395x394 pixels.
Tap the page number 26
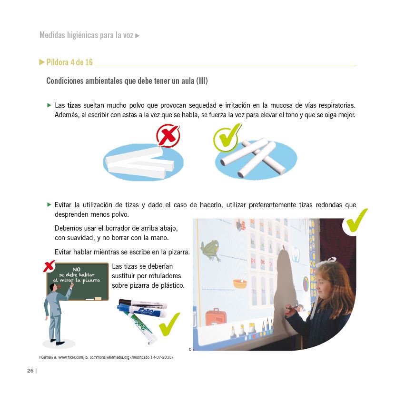tap(30, 371)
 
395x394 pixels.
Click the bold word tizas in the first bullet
tap(74, 105)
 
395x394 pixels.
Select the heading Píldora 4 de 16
tap(69, 62)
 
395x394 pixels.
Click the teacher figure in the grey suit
tap(56, 314)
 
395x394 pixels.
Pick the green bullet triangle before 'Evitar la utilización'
tap(49, 205)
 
